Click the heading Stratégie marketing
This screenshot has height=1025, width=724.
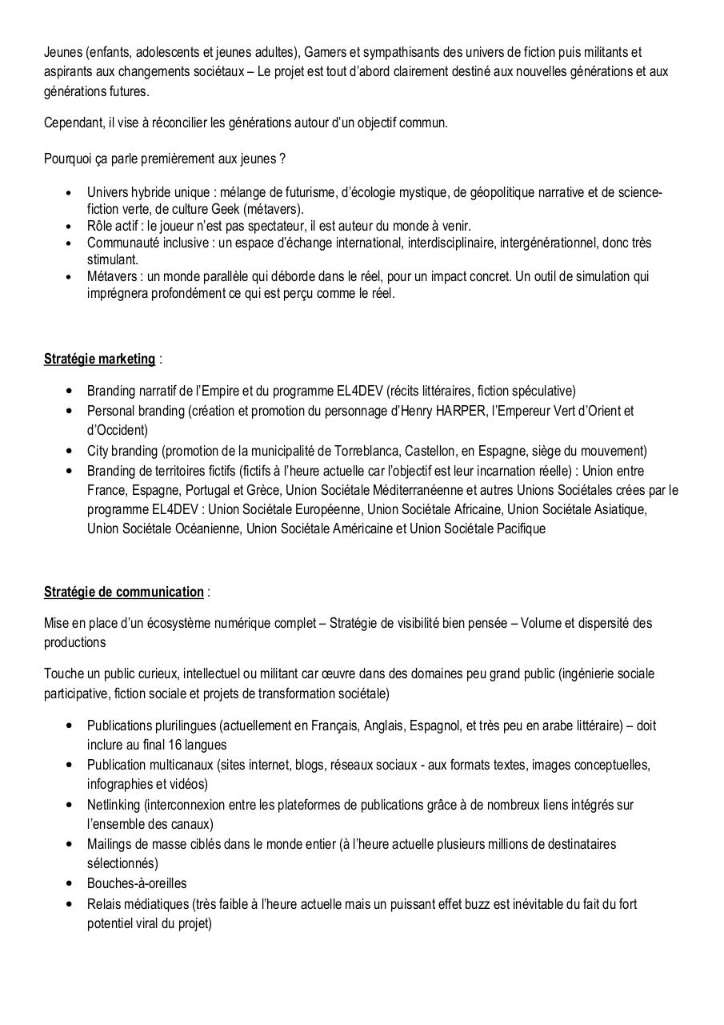point(99,359)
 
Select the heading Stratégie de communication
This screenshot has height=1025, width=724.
point(123,592)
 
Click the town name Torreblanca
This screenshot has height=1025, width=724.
point(377,451)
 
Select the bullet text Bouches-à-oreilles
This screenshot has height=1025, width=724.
point(137,883)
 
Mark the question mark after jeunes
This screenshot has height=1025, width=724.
point(282,159)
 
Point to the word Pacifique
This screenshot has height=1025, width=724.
point(521,529)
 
